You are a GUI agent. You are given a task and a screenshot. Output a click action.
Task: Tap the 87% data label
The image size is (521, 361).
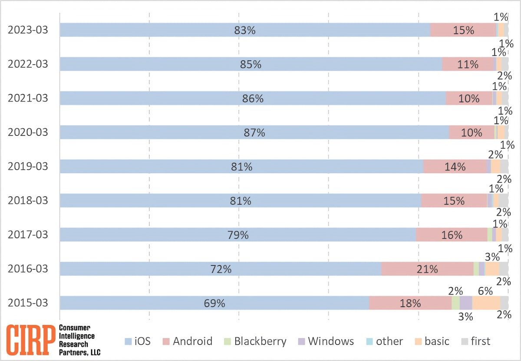pos(254,133)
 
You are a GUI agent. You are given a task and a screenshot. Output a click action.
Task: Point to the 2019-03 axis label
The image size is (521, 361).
pos(28,167)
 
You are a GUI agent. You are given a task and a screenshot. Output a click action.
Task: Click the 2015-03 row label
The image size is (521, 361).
pos(28,303)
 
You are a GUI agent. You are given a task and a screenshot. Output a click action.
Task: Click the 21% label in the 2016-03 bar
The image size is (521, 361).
pos(427,269)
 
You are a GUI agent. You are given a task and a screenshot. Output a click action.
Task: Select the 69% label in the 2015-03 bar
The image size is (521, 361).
pos(214,303)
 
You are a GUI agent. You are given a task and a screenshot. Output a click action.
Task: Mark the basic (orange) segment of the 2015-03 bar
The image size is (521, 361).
pos(486,303)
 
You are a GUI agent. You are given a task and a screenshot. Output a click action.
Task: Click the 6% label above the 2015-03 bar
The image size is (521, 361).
pos(485,291)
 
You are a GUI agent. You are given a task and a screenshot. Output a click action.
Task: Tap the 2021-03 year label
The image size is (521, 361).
pos(28,98)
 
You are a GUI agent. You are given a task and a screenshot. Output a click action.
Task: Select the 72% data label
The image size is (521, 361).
pos(221,269)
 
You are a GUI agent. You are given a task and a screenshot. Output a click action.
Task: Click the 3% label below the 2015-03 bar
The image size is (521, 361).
pos(465,316)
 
